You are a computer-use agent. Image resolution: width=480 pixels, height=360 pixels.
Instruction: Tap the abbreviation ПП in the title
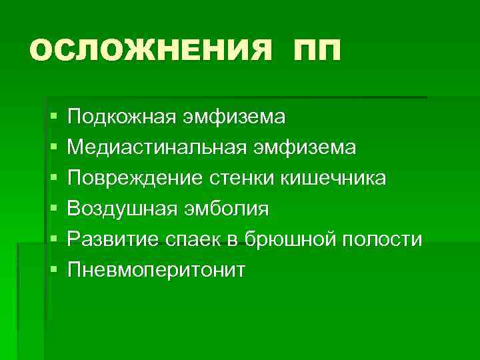tap(315, 50)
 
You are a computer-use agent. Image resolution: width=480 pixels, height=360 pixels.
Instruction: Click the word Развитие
tap(111, 239)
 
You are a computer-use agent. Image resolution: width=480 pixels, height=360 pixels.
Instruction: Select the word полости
tap(382, 239)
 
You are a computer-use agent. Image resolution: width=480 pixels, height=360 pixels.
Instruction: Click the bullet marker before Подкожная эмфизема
tap(53, 117)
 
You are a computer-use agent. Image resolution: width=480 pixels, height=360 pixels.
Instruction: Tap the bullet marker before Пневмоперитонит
tap(53, 270)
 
